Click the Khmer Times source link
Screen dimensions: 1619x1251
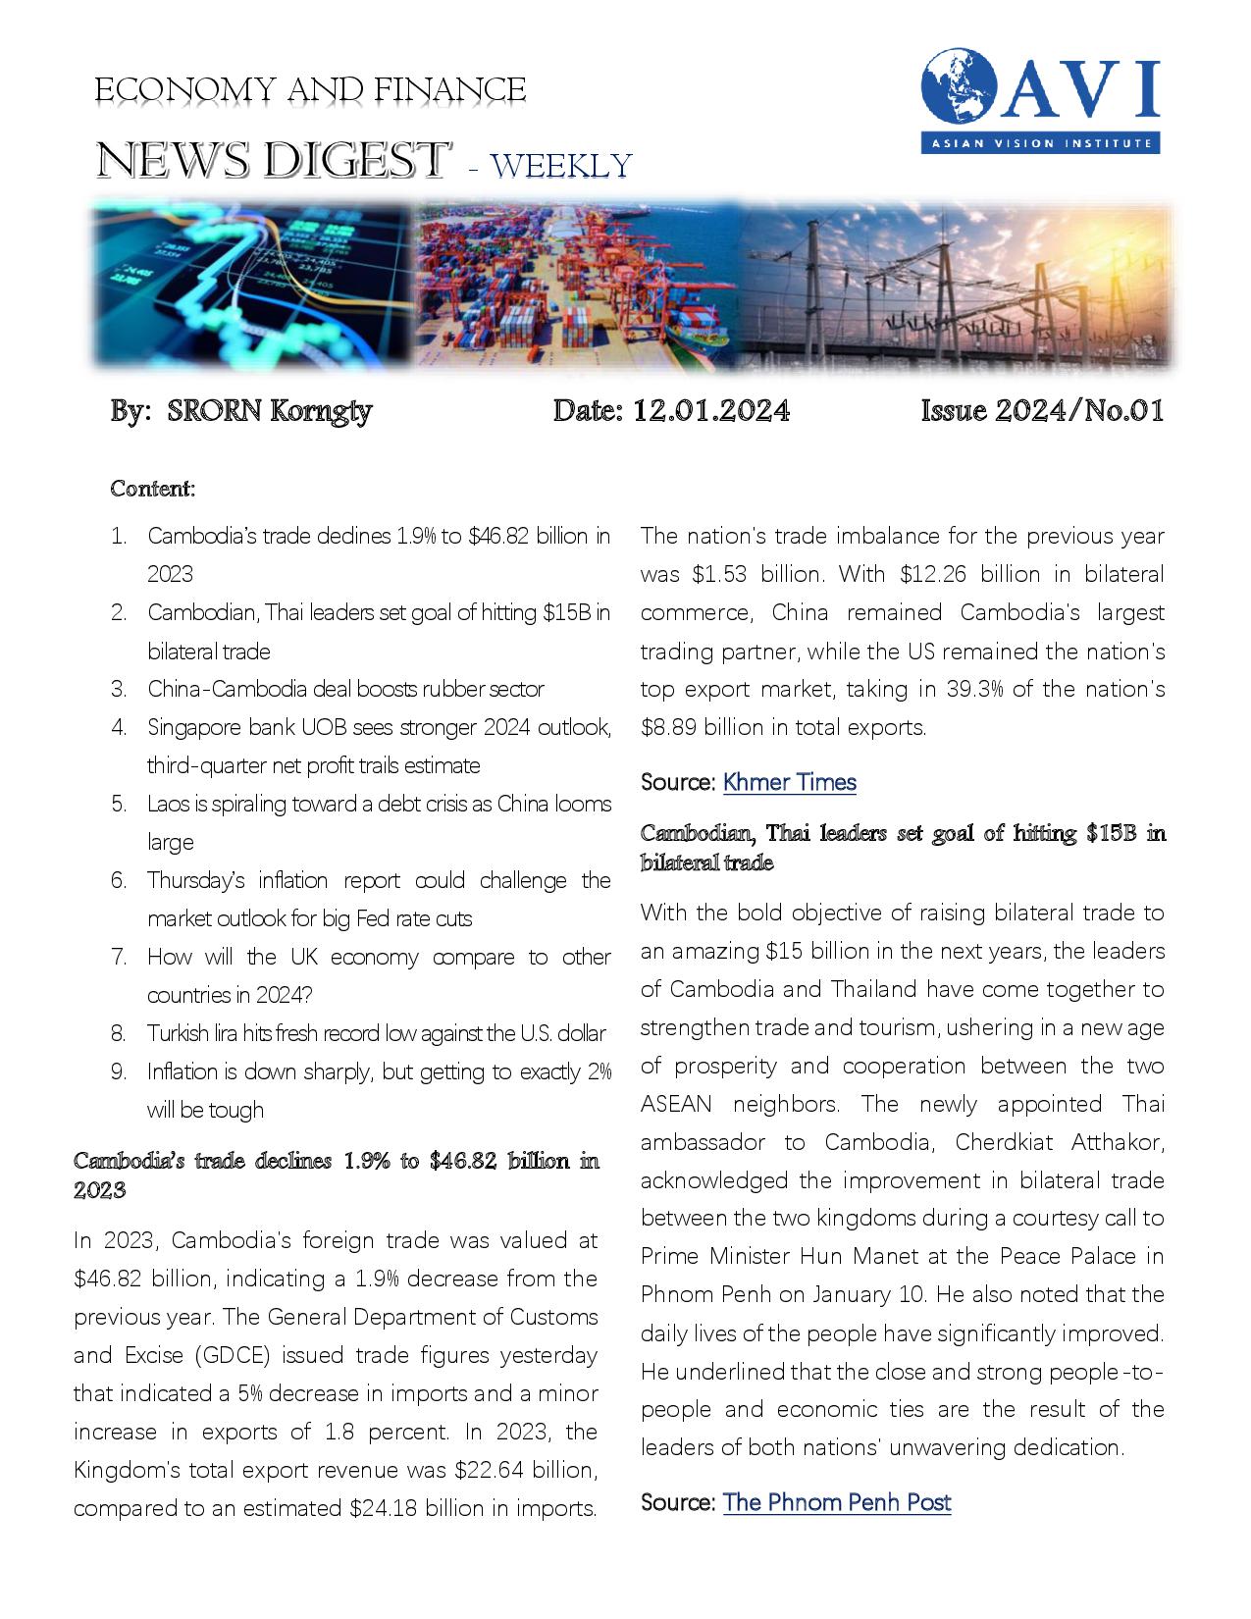789,782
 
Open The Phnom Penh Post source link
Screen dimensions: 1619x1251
836,1502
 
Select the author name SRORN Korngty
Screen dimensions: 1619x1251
270,410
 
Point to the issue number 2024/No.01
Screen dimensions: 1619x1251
1079,410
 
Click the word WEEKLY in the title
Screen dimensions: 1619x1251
561,166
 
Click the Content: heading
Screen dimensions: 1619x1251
153,488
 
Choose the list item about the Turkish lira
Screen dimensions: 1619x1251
376,1033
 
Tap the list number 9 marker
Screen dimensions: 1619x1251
119,1071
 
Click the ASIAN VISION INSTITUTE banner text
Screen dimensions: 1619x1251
1040,144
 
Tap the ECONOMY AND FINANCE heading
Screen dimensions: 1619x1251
310,90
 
